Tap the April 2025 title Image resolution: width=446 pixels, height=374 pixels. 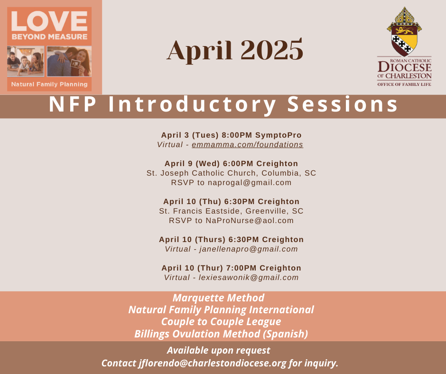pyautogui.click(x=235, y=50)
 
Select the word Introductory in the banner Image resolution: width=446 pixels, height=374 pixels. pyautogui.click(x=192, y=105)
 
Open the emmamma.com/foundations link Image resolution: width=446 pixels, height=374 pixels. pyautogui.click(x=248, y=145)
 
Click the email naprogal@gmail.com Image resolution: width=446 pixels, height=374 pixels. pyautogui.click(x=250, y=183)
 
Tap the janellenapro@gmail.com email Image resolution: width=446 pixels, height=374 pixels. pyautogui.click(x=248, y=249)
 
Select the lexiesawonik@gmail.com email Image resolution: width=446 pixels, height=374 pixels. pyautogui.click(x=248, y=278)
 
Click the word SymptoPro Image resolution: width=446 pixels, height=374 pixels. pyautogui.click(x=278, y=135)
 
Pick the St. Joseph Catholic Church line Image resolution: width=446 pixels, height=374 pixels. pyautogui.click(x=231, y=173)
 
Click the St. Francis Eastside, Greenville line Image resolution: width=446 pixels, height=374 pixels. pyautogui.click(x=231, y=211)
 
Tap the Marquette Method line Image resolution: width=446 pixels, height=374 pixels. pyautogui.click(x=218, y=298)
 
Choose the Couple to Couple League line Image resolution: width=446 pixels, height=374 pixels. pyautogui.click(x=221, y=322)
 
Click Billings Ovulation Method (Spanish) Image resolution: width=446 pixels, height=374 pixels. pyautogui.click(x=221, y=334)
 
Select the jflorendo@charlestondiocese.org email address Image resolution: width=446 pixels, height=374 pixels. pyautogui.click(x=213, y=363)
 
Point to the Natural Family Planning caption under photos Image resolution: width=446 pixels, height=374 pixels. pyautogui.click(x=49, y=84)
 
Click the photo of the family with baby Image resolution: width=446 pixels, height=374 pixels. pyautogui.click(x=26, y=62)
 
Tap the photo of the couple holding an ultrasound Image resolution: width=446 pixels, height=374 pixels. pyautogui.click(x=69, y=62)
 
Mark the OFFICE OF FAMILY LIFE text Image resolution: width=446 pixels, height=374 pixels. pyautogui.click(x=404, y=84)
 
